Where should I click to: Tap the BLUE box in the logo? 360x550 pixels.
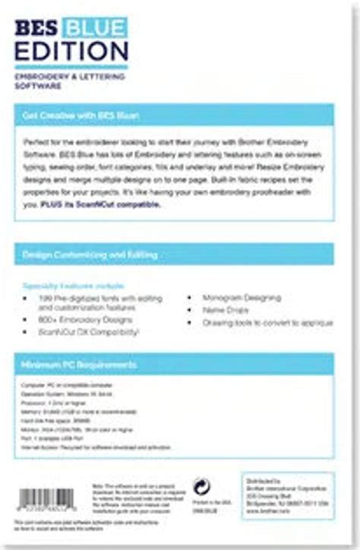coord(96,28)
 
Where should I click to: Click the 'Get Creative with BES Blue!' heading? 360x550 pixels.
coord(85,115)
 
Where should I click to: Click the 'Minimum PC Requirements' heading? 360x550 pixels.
coord(80,365)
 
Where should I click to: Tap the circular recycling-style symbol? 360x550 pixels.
coord(202,487)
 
